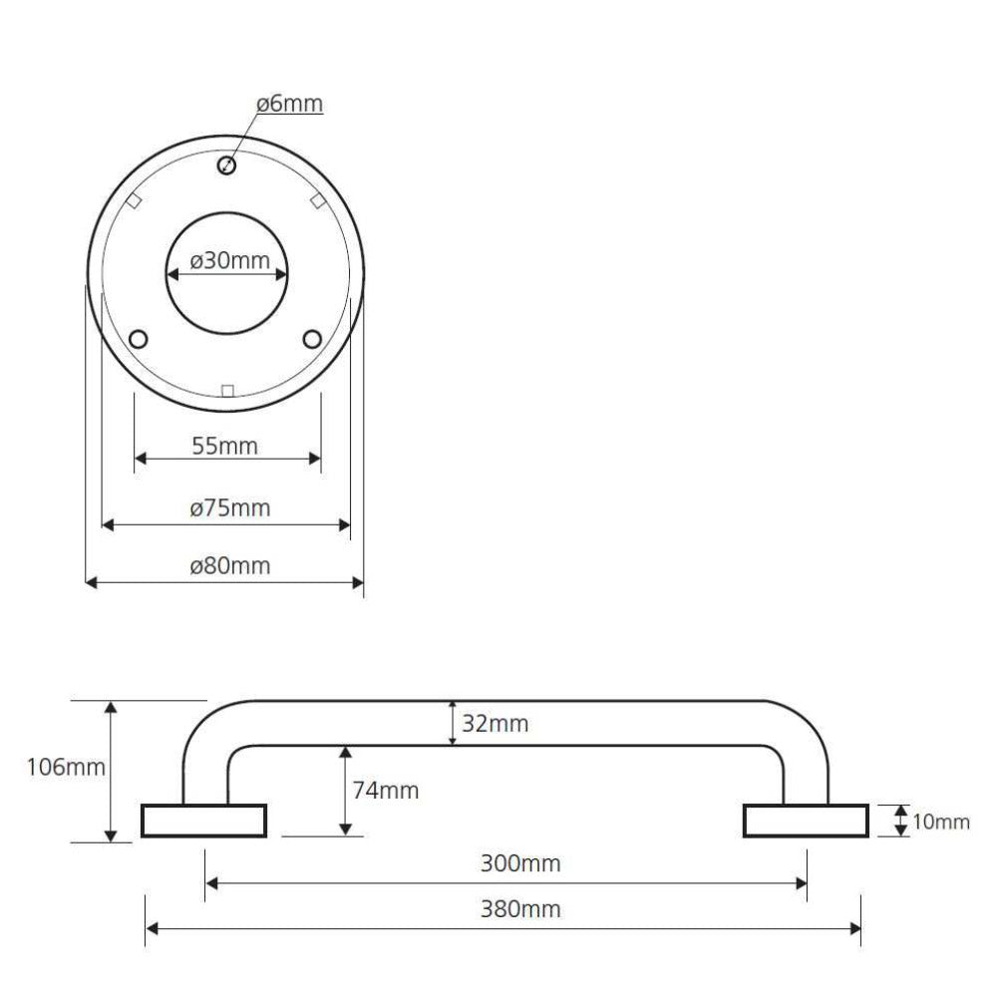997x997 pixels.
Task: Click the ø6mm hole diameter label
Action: tap(289, 103)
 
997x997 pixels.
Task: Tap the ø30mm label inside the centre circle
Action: tap(229, 260)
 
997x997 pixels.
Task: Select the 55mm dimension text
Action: tap(225, 446)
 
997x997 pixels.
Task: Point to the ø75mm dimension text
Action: tap(229, 507)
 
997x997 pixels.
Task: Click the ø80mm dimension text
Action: tap(229, 565)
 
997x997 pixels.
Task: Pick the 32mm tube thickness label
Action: tap(495, 724)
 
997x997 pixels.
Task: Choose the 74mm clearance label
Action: tap(385, 791)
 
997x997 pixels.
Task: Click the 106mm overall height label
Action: tap(66, 767)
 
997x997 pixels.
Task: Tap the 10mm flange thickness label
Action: tap(941, 822)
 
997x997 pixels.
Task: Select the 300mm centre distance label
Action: tap(520, 863)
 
